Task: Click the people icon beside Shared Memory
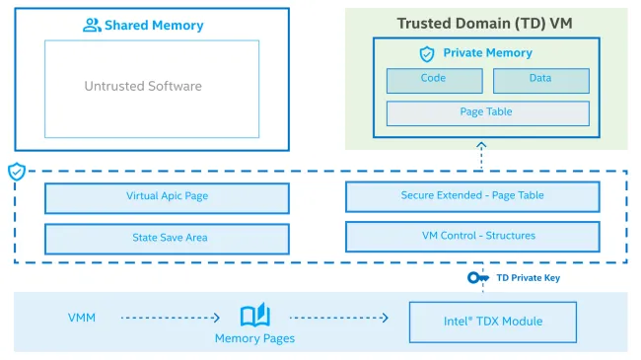[x=92, y=26]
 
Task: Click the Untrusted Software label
[x=143, y=86]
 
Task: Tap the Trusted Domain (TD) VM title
[x=486, y=23]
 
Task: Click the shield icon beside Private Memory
[x=426, y=53]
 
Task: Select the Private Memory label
[x=487, y=53]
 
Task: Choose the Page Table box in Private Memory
[x=486, y=112]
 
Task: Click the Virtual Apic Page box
[x=167, y=197]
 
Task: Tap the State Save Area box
[x=167, y=238]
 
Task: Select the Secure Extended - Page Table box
[x=471, y=196]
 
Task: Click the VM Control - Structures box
[x=471, y=236]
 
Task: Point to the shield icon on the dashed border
[x=16, y=172]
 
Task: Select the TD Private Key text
[x=528, y=278]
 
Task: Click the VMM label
[x=81, y=318]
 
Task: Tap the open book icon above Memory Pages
[x=254, y=317]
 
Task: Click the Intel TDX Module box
[x=493, y=322]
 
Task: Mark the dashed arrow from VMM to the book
[x=170, y=318]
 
